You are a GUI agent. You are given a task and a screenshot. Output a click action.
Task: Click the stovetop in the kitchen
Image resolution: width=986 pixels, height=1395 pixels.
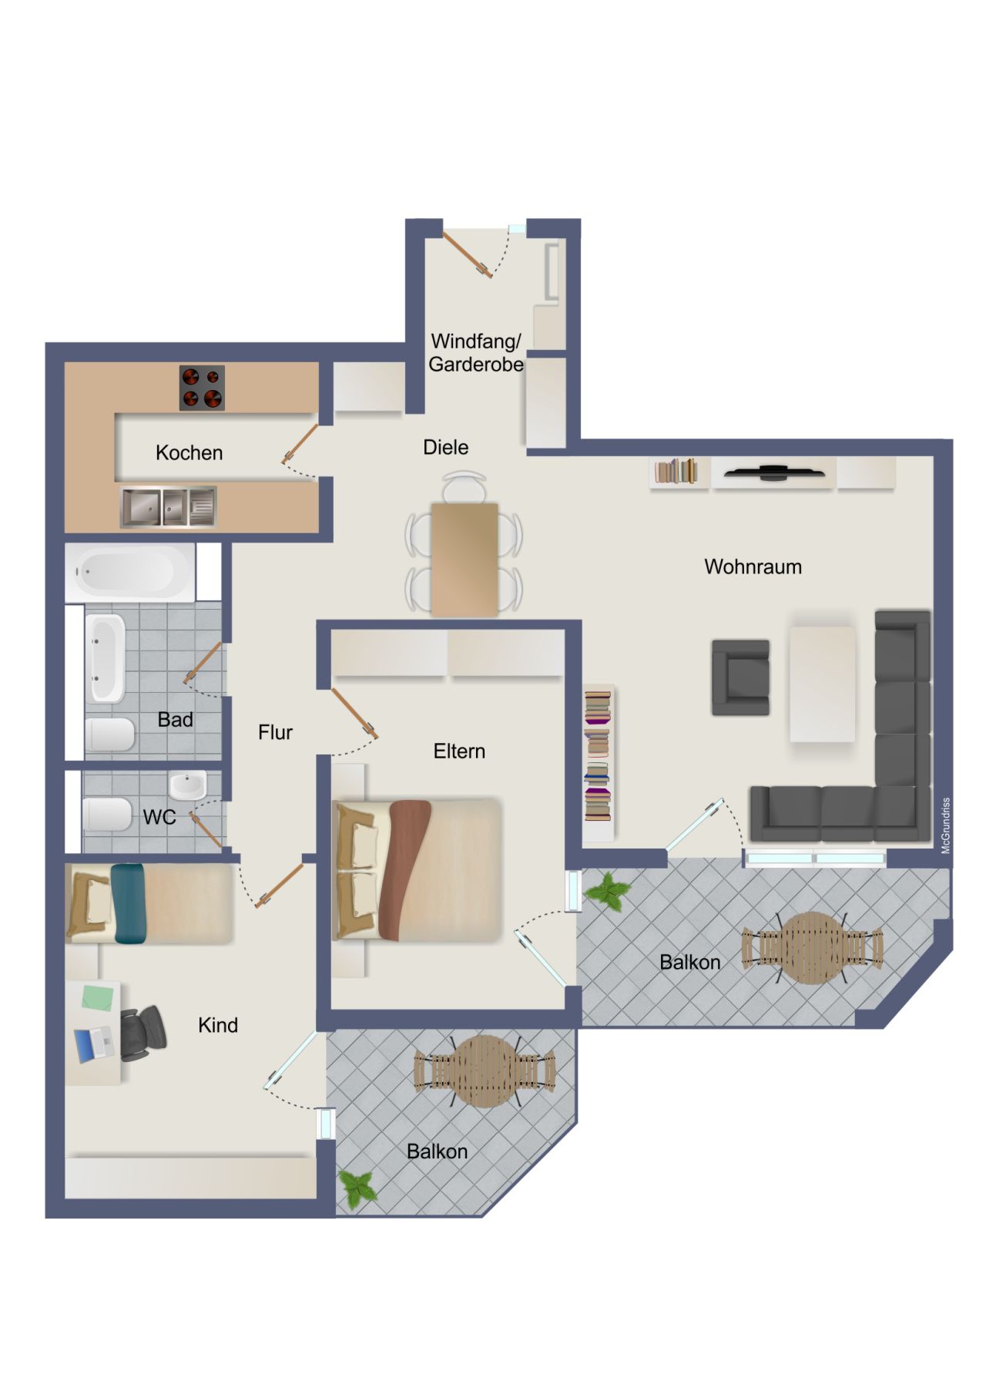(x=202, y=388)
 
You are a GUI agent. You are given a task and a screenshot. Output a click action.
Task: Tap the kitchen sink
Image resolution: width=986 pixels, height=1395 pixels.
(x=168, y=506)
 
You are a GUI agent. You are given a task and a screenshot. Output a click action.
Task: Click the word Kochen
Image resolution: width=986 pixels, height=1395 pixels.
(x=189, y=452)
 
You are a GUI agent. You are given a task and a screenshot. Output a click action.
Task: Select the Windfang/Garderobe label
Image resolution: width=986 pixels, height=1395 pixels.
(x=476, y=353)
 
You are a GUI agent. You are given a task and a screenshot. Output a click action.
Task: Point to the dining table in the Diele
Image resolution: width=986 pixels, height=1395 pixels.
(x=464, y=559)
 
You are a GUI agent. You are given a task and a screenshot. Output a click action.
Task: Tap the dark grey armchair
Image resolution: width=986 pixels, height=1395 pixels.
(x=740, y=677)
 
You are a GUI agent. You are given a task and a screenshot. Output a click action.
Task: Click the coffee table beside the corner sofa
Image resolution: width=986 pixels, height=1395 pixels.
(x=822, y=684)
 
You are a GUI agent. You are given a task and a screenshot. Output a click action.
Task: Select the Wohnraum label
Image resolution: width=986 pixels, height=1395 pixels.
(x=753, y=567)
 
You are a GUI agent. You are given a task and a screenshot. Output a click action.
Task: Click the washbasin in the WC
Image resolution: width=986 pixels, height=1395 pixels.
(x=187, y=786)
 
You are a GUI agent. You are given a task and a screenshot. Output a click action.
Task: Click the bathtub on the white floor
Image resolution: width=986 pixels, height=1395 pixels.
(x=129, y=573)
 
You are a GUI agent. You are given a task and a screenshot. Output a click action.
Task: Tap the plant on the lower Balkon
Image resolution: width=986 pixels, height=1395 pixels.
(x=357, y=1188)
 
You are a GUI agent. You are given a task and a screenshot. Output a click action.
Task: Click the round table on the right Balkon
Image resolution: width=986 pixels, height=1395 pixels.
(x=812, y=948)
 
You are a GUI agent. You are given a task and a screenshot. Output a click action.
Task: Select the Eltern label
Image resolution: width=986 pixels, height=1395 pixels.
(x=459, y=751)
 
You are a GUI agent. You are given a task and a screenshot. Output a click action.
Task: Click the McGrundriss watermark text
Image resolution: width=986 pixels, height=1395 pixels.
(x=946, y=825)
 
